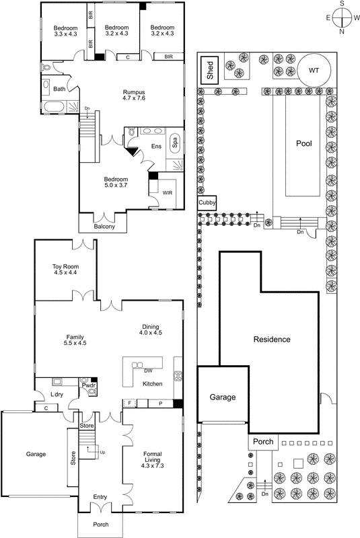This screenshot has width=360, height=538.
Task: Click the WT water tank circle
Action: (x=314, y=70)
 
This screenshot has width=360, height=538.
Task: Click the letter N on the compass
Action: (x=341, y=32)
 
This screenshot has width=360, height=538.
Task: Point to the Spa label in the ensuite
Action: (x=175, y=142)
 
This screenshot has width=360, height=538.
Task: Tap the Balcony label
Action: (x=104, y=227)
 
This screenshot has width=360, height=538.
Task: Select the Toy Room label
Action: (x=66, y=271)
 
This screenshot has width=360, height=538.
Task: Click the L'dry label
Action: (x=57, y=394)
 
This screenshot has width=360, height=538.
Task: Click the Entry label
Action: (x=100, y=497)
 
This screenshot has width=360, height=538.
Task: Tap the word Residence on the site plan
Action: (x=272, y=340)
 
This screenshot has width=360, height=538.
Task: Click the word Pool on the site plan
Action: (x=305, y=143)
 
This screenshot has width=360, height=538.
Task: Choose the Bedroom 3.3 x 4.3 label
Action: (x=66, y=31)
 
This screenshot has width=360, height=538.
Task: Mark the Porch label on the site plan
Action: (x=260, y=442)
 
